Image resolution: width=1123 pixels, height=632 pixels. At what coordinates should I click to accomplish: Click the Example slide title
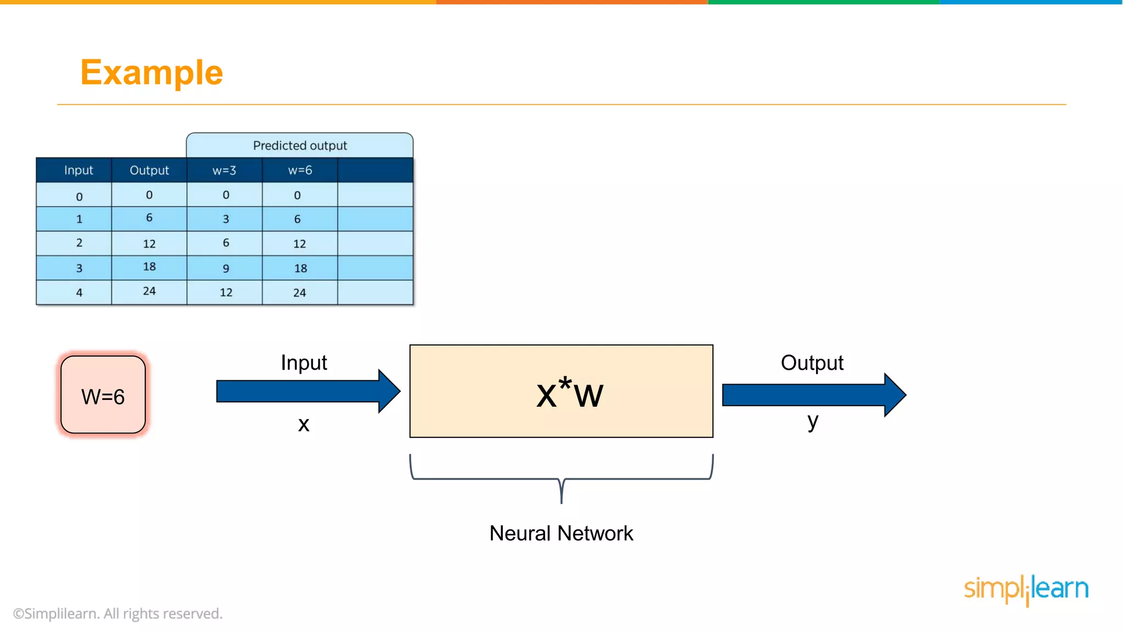tap(151, 72)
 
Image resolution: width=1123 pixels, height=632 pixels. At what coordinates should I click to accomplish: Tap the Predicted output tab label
tap(299, 145)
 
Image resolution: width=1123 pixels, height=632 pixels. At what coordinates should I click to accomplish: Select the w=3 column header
tap(224, 170)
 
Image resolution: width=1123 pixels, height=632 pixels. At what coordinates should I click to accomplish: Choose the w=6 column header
tap(300, 170)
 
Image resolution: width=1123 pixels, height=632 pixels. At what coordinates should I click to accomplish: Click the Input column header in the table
tap(78, 170)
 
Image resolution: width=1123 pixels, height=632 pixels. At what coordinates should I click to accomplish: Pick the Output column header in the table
tap(149, 170)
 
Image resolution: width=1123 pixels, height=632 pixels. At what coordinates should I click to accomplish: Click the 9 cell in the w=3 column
tap(225, 268)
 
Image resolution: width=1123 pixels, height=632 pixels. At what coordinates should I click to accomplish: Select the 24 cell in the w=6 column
tap(299, 292)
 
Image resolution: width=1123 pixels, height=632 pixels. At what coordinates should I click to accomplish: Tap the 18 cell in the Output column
tap(149, 267)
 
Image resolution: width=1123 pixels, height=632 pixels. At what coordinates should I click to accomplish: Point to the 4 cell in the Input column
tap(79, 292)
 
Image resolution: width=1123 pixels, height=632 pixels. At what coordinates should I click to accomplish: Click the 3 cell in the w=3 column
tap(225, 219)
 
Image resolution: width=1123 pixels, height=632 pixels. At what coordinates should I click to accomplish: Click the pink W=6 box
tap(103, 395)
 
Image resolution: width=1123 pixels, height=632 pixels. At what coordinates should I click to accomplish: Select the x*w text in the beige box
tap(569, 393)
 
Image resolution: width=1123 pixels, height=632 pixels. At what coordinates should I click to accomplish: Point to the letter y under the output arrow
tap(813, 421)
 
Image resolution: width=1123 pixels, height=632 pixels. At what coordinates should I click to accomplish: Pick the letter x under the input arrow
tap(304, 424)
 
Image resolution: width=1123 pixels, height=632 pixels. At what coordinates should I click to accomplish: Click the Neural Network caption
tap(561, 533)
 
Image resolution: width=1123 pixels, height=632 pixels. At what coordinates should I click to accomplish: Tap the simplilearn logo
tap(1026, 589)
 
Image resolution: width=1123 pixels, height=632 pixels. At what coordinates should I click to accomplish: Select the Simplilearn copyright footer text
tap(118, 613)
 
